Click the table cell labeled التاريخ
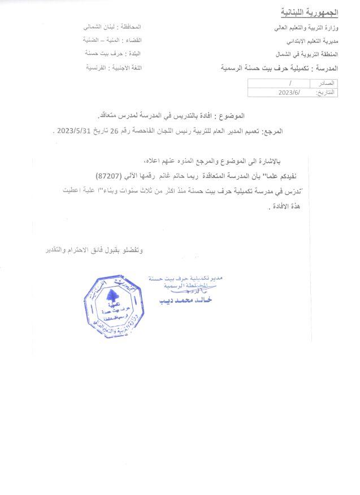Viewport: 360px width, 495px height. [x=324, y=92]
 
